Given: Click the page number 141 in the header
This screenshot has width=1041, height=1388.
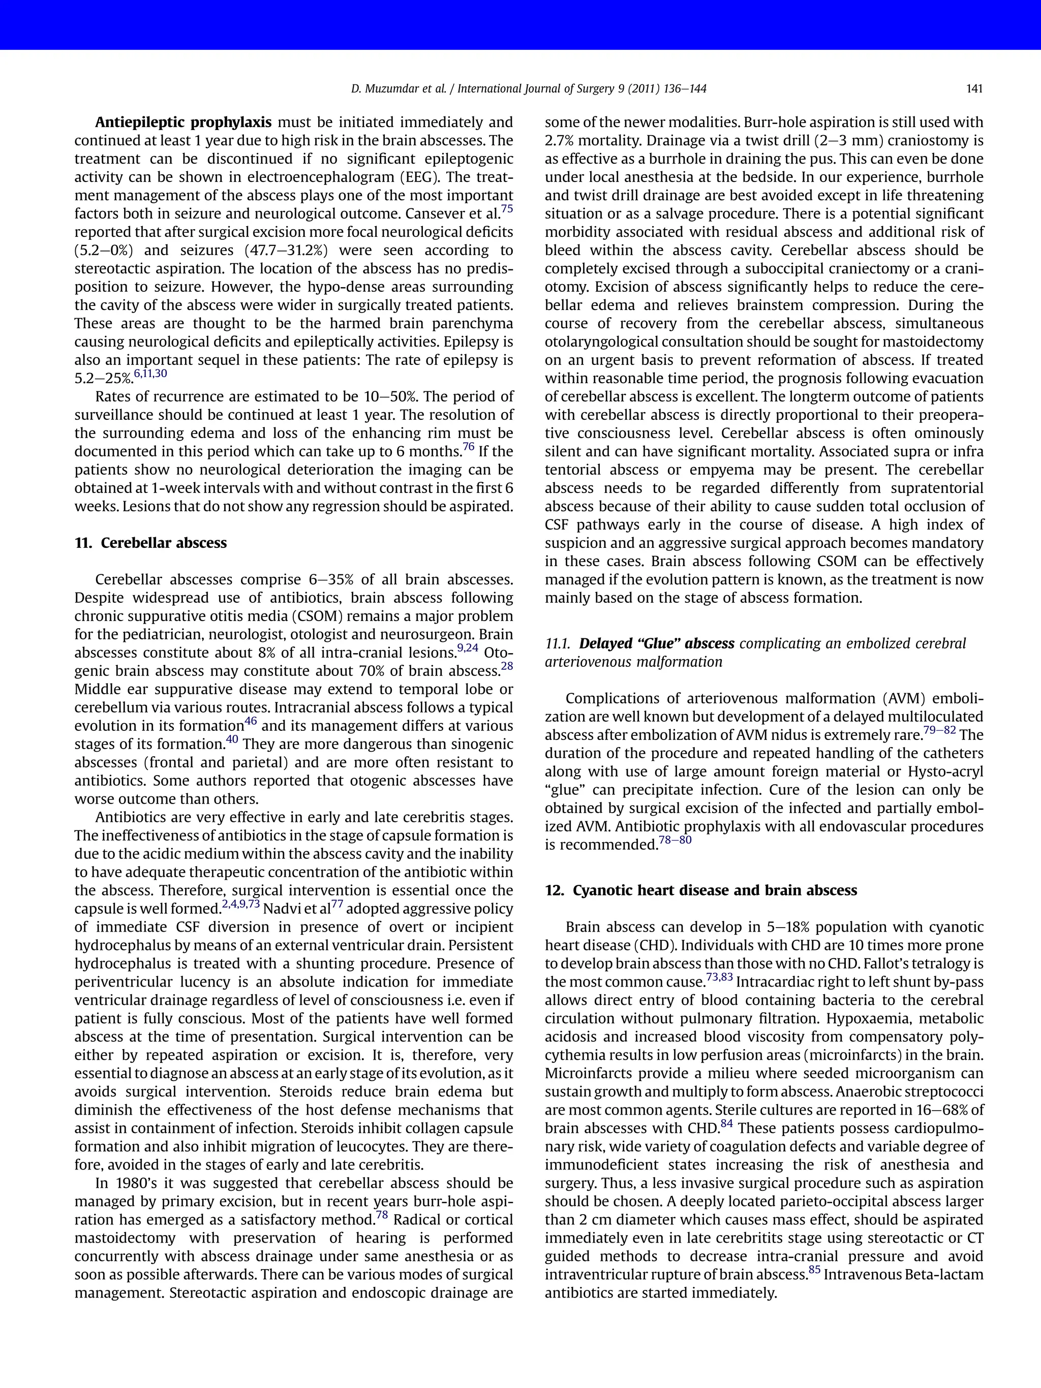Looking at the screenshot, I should [x=974, y=89].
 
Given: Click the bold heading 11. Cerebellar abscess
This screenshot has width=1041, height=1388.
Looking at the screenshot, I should [x=150, y=543].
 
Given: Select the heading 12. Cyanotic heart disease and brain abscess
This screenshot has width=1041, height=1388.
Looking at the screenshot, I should [x=700, y=890].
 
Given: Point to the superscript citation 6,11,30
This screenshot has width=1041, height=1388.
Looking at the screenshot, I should [x=150, y=374].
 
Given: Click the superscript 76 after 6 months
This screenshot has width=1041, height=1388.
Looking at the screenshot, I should [x=468, y=447].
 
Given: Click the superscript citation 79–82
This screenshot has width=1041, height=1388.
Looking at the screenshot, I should [x=939, y=730].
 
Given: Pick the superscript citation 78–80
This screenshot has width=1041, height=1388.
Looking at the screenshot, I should [x=675, y=840].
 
